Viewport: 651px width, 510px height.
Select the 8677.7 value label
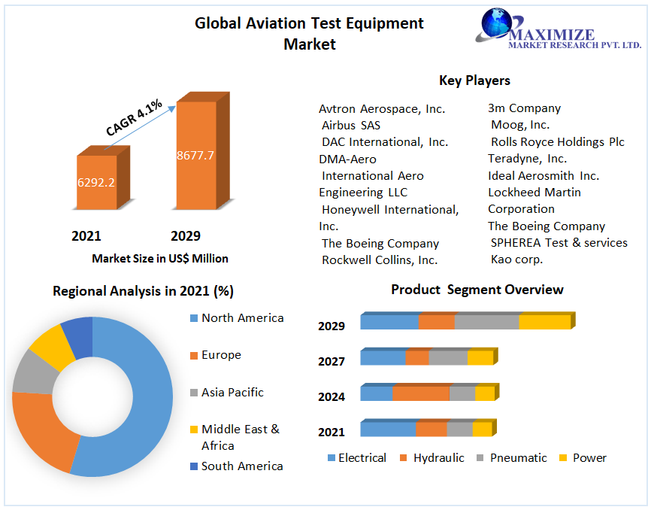click(195, 156)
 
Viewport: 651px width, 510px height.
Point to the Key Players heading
click(474, 80)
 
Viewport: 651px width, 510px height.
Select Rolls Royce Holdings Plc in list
click(557, 141)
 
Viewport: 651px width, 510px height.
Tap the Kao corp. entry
click(516, 259)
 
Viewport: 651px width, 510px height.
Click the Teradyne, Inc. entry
click(527, 159)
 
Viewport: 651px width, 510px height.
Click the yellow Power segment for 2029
click(544, 322)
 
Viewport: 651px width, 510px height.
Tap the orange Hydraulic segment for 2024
click(420, 393)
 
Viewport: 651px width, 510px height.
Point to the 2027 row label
click(331, 362)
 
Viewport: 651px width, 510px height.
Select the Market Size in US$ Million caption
click(160, 258)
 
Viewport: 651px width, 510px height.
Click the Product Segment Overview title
click(477, 290)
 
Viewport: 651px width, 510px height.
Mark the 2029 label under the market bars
click(186, 236)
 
